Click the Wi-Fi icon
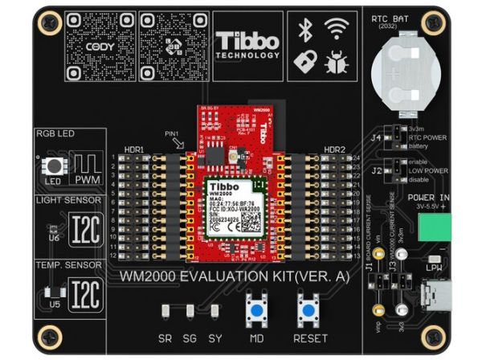[336, 31]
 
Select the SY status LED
[214, 311]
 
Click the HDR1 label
[133, 150]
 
